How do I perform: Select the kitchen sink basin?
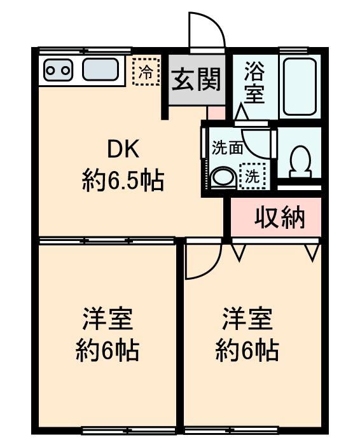click(x=100, y=70)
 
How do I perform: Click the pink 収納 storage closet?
click(x=279, y=217)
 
